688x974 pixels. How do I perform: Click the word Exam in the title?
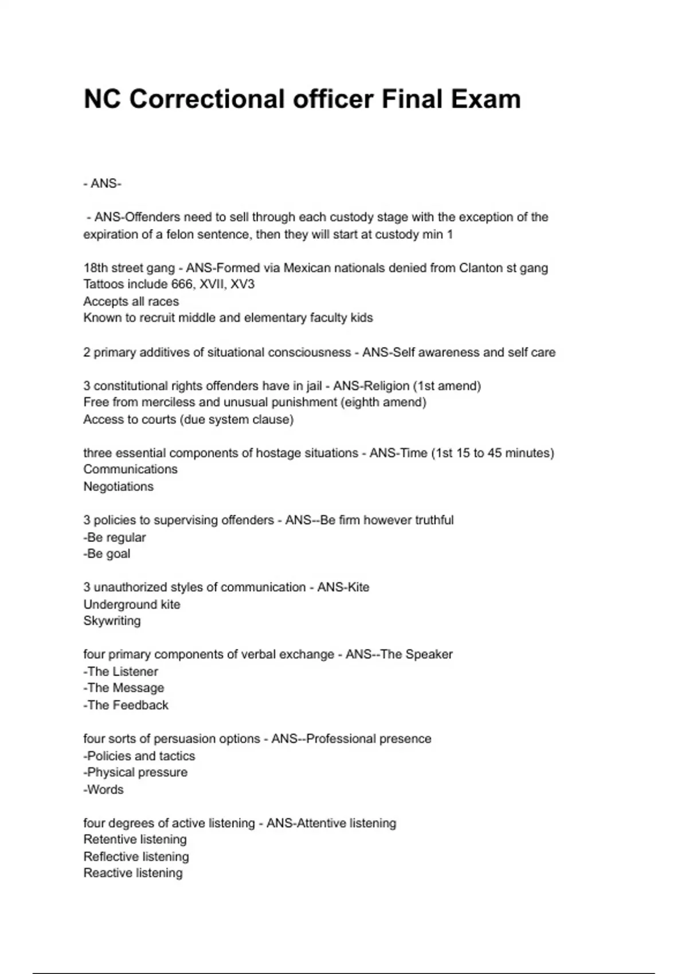[x=486, y=99]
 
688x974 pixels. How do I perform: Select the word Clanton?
[x=480, y=268]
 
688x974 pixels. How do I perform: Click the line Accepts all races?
[x=131, y=301]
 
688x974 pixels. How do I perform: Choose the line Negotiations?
[x=119, y=486]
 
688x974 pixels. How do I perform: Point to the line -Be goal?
[x=107, y=553]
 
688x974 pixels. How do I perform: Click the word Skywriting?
[x=112, y=620]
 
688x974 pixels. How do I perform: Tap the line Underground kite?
[x=132, y=604]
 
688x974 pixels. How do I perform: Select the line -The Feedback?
[x=126, y=705]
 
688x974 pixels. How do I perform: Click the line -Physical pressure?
[x=135, y=772]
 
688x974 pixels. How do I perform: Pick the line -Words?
[x=104, y=789]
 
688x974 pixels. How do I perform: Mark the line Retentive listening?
[x=135, y=839]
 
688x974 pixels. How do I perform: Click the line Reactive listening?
[x=133, y=873]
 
